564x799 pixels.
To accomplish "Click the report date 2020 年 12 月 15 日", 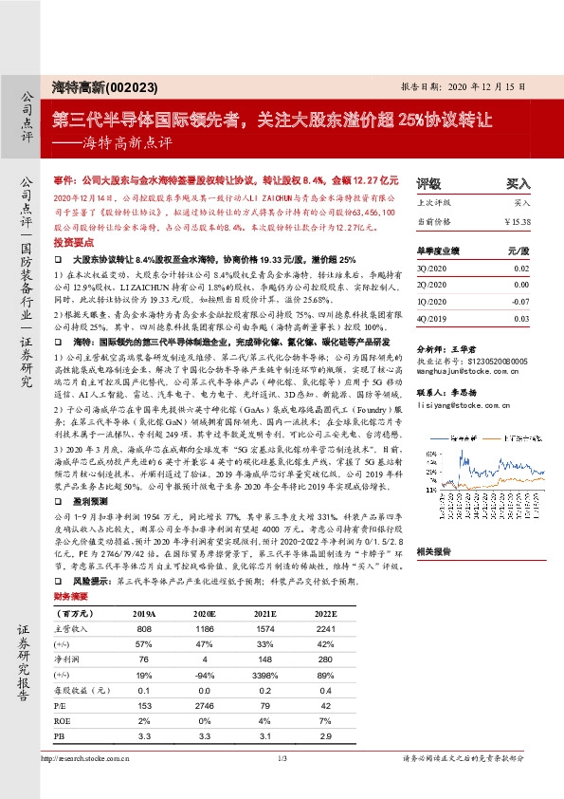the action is click(483, 85).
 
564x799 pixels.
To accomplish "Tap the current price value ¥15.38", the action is click(518, 220).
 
